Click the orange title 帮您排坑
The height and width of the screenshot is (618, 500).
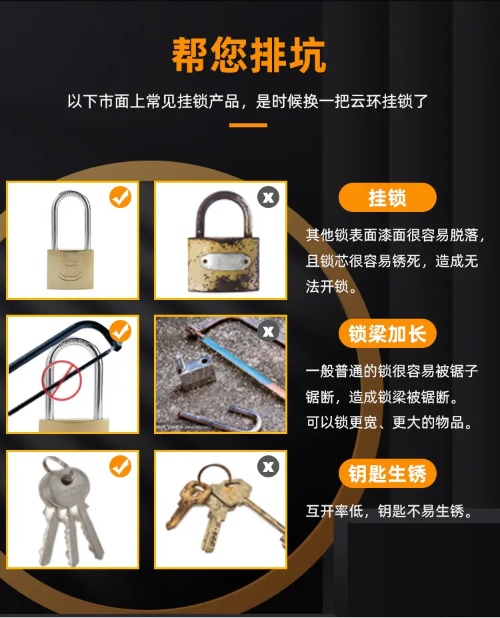249,55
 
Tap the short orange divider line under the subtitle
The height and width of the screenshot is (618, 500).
248,125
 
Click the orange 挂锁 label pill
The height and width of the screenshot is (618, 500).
387,197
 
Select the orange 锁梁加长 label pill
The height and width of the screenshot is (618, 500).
387,333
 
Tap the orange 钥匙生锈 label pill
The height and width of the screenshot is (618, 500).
387,473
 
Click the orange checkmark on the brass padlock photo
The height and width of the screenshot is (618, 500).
121,197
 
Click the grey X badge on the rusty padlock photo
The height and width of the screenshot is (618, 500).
268,197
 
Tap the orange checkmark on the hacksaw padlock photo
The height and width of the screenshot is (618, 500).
121,331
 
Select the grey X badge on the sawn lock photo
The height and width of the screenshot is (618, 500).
268,331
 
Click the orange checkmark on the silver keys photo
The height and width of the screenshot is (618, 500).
121,466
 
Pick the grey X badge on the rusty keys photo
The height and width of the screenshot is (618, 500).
268,466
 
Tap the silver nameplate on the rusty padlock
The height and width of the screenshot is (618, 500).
225,261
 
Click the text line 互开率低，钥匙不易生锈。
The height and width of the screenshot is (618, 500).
389,511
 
